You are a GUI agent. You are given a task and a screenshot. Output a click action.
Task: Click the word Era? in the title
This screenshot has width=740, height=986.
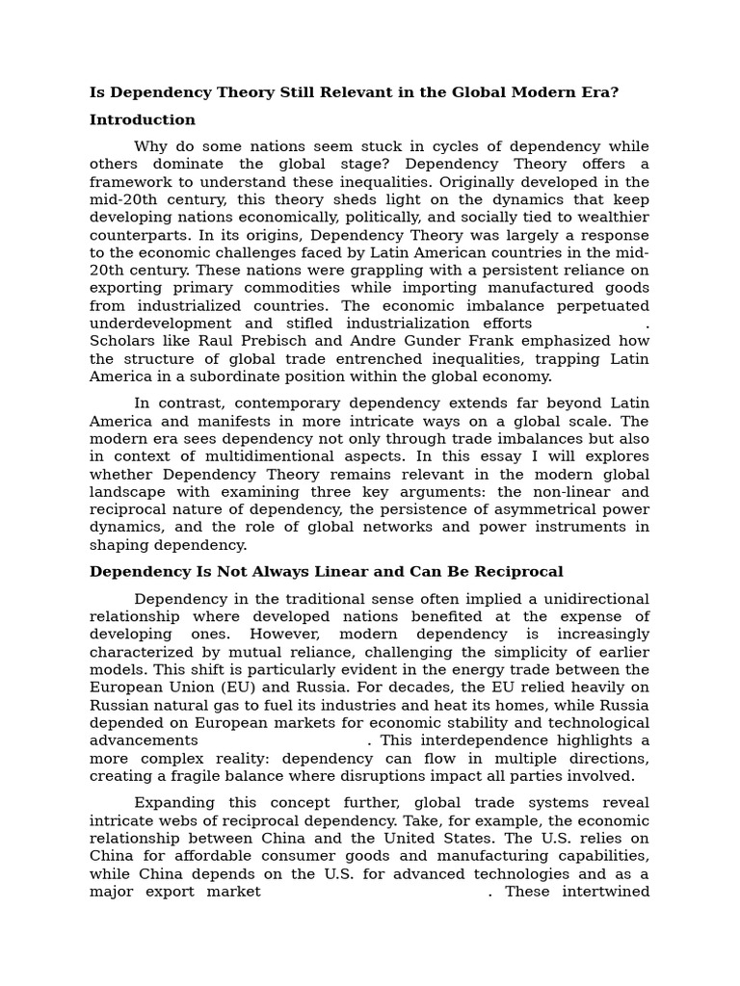tap(597, 92)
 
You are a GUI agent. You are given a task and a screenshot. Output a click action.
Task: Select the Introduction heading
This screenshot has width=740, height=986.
tap(143, 120)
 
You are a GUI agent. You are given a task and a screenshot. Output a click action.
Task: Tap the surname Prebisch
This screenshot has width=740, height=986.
tap(274, 341)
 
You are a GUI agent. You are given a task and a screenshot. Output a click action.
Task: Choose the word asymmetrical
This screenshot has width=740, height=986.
tap(546, 509)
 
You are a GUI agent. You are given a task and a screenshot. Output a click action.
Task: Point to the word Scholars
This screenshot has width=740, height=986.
tap(122, 341)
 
